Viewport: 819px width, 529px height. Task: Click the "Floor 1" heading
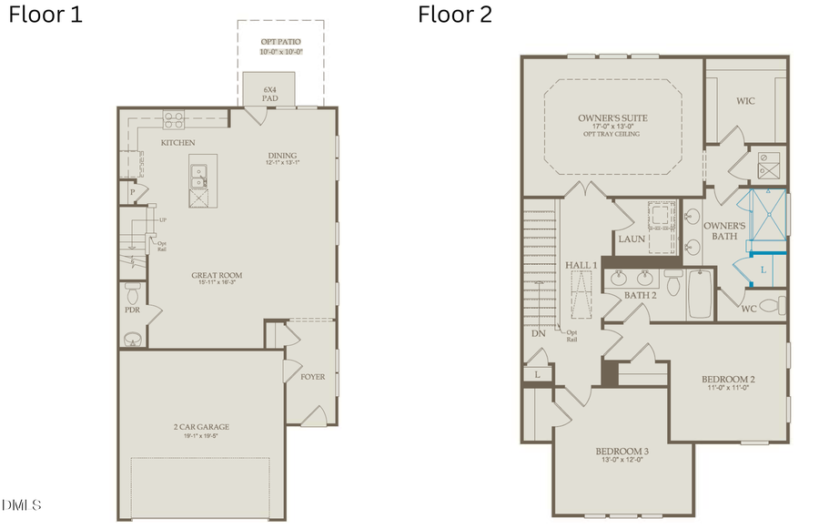(x=45, y=15)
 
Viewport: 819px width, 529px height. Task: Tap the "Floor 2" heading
(x=455, y=15)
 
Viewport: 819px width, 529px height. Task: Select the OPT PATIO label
(x=280, y=42)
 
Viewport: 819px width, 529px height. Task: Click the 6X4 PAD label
(x=269, y=94)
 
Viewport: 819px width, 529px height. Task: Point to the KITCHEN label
(x=178, y=143)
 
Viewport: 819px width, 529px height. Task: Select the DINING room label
(x=282, y=157)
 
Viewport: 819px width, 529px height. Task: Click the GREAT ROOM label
(x=216, y=276)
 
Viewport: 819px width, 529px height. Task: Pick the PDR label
(x=131, y=310)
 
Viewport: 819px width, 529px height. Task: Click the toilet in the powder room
(x=132, y=293)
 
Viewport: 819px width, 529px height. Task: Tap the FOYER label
(x=313, y=376)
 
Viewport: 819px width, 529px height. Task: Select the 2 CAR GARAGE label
(x=201, y=426)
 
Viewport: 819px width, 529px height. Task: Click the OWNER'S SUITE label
(x=612, y=118)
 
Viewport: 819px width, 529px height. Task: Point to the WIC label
(x=746, y=101)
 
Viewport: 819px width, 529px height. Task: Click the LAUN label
(x=632, y=239)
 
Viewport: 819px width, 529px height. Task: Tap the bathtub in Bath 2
(x=699, y=293)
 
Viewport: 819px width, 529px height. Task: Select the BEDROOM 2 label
(x=728, y=379)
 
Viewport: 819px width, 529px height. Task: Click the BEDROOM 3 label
(x=622, y=452)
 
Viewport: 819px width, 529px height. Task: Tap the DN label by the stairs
(x=538, y=333)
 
